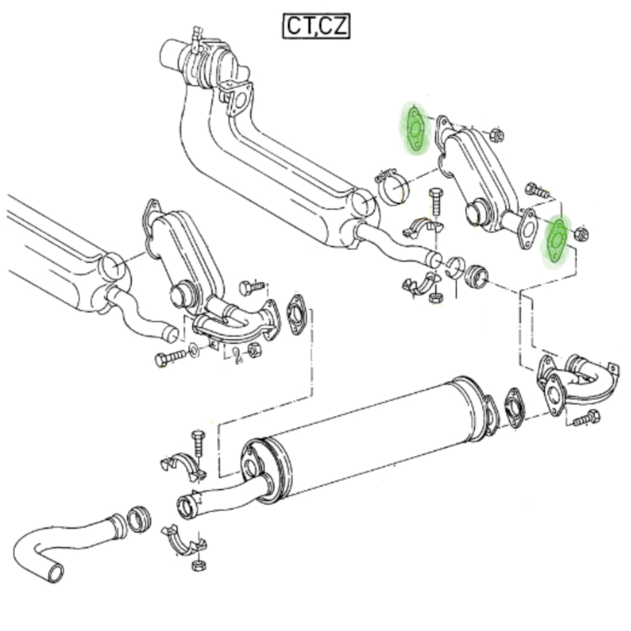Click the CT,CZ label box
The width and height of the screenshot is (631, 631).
(316, 26)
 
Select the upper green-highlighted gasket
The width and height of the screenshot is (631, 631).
(416, 128)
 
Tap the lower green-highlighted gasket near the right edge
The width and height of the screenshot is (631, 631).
(557, 241)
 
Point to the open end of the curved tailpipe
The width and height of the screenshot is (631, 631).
(55, 573)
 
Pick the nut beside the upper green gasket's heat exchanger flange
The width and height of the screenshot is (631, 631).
(497, 134)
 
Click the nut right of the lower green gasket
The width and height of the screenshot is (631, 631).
(581, 233)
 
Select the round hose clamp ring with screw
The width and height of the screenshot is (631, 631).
(391, 186)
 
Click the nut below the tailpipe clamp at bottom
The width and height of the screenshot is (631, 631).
(199, 565)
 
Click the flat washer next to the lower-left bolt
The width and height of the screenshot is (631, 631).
(193, 350)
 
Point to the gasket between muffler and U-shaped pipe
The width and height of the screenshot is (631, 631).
(515, 409)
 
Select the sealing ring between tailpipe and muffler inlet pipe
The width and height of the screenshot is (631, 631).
(140, 519)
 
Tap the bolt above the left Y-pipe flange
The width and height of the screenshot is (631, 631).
(252, 287)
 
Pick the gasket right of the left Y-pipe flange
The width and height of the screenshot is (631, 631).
(297, 315)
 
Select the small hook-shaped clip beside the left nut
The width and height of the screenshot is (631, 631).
(237, 355)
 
